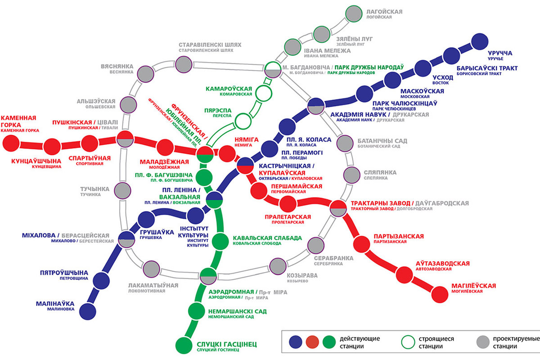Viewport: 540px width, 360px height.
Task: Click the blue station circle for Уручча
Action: coord(480,43)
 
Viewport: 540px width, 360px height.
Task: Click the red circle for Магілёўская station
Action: coord(440,294)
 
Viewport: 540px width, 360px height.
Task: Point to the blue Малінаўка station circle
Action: coord(88,310)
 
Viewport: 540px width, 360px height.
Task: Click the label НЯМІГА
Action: coord(247,139)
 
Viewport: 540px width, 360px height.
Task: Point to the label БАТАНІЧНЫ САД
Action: coord(382,141)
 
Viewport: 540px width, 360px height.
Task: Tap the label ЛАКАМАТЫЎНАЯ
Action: coord(153,285)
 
